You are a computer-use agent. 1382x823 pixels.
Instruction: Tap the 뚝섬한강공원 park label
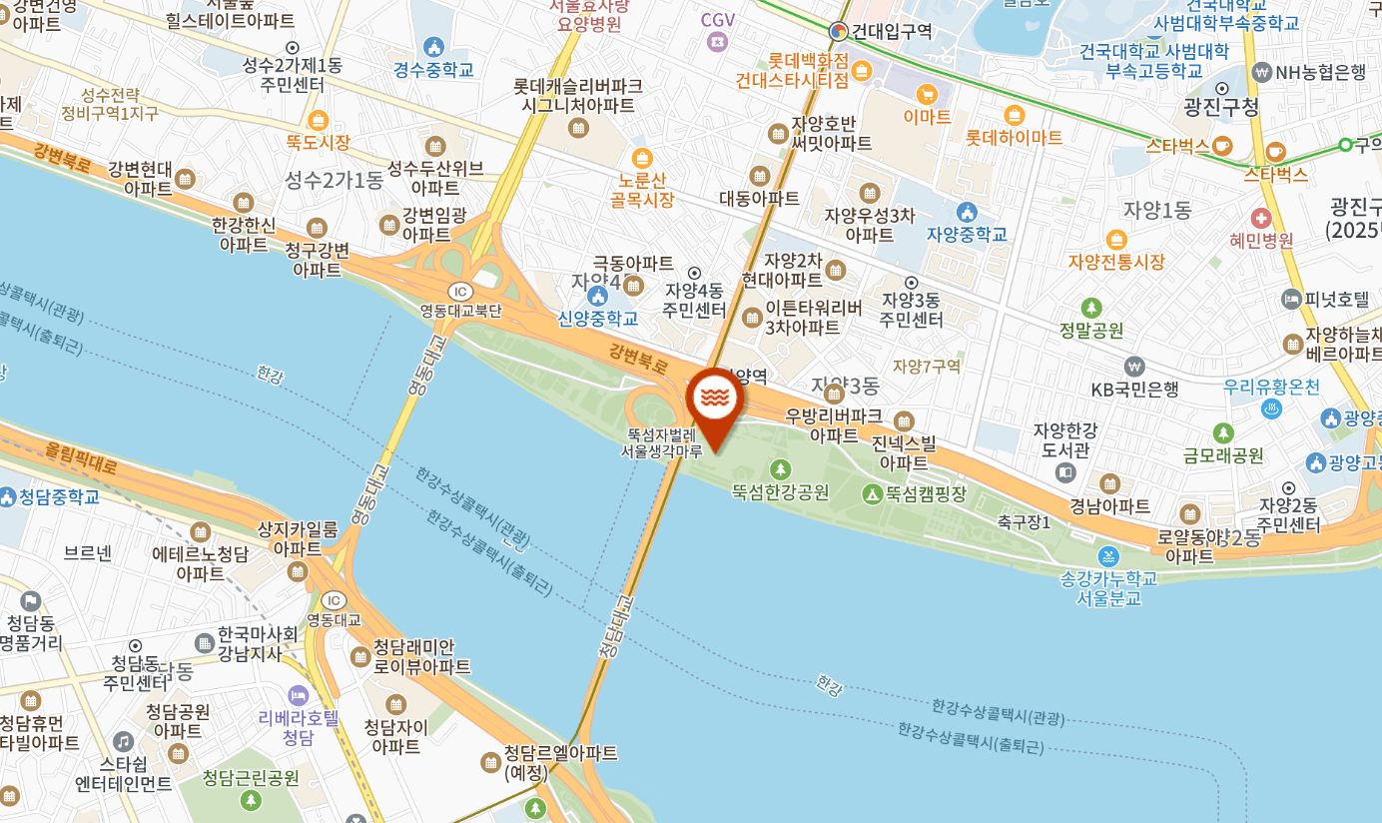tap(780, 491)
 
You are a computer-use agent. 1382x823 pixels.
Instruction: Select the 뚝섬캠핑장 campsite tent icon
tap(872, 492)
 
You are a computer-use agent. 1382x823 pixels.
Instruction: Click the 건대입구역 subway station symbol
tap(839, 31)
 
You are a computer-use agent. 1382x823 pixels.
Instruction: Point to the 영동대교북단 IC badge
tap(459, 291)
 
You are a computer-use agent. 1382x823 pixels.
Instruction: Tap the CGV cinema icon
tap(717, 41)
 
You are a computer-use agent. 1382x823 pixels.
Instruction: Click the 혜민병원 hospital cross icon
tap(1261, 218)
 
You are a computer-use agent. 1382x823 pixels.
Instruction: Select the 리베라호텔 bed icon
tap(298, 695)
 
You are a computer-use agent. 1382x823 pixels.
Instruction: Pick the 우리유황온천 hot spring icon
tap(1272, 409)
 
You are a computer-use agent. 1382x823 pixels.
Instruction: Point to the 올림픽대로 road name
tap(81, 458)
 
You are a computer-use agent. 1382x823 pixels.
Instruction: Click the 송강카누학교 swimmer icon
tap(1107, 556)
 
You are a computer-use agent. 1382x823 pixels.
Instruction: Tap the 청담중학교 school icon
tap(9, 496)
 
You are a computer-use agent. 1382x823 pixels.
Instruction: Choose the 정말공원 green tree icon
tap(1091, 308)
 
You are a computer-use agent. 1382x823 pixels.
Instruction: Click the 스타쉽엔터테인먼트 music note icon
tap(123, 742)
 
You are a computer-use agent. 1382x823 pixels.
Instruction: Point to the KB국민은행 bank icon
tap(1133, 367)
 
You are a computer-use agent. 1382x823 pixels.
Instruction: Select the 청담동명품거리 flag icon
tap(31, 600)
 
